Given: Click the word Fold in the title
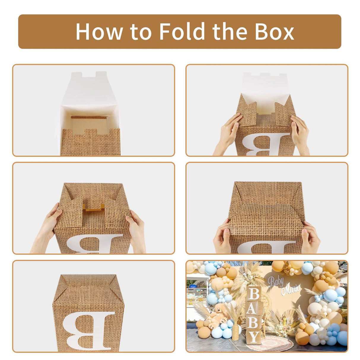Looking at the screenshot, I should click(x=182, y=31).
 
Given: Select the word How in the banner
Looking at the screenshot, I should click(x=99, y=31).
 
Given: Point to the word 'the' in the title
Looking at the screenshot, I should click(x=230, y=31).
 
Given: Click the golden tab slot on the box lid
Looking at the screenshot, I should click(x=93, y=207).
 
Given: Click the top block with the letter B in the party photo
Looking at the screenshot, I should click(x=254, y=294).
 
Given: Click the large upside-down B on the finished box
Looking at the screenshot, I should click(x=88, y=330).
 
